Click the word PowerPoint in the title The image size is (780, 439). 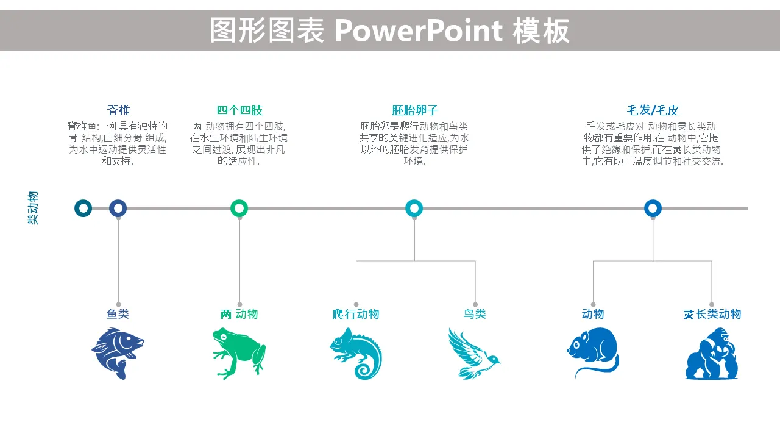(x=419, y=31)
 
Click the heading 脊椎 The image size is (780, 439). (x=118, y=110)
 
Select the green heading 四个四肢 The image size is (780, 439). (x=239, y=110)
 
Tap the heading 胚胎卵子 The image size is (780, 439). (x=415, y=110)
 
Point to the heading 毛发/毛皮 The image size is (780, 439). (x=653, y=110)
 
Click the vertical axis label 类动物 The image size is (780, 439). (x=33, y=208)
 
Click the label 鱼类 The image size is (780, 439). (x=118, y=314)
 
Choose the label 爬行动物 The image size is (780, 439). (x=355, y=314)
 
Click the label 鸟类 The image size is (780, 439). (x=475, y=314)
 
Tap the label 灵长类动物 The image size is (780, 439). (x=712, y=314)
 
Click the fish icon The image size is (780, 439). (x=118, y=353)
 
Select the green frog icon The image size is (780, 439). (x=239, y=353)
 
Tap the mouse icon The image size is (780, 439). (x=593, y=352)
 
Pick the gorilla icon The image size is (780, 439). (x=712, y=353)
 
